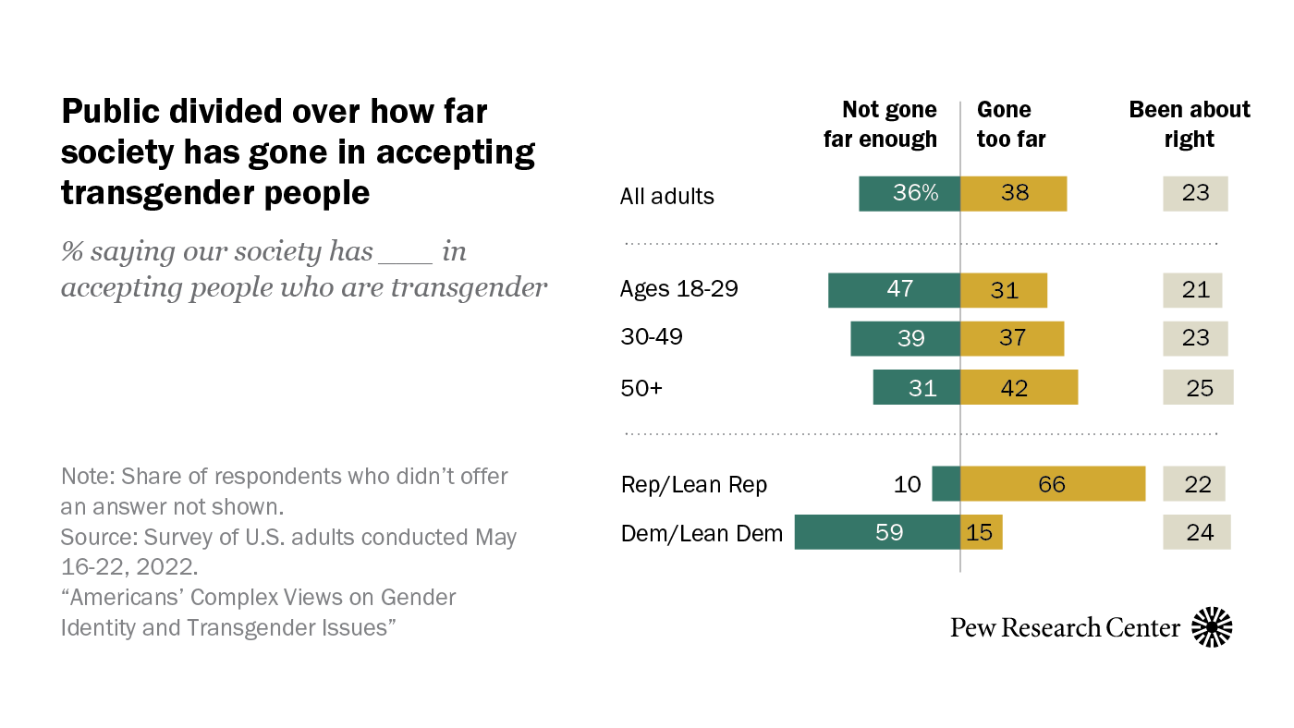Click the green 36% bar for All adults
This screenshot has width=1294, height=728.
click(909, 194)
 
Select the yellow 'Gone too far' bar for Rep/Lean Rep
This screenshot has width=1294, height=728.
click(1053, 484)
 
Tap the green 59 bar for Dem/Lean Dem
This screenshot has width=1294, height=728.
click(877, 532)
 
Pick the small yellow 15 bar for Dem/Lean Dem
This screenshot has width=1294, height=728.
click(982, 532)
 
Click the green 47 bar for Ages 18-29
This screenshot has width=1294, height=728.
click(894, 290)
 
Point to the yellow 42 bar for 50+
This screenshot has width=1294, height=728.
click(1019, 387)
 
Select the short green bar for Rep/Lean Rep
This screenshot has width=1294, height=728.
click(946, 484)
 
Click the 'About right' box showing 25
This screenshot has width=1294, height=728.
click(1198, 387)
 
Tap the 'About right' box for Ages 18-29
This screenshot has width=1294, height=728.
click(1192, 290)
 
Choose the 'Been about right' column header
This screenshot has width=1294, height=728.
click(1189, 125)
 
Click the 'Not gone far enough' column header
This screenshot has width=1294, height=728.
click(880, 125)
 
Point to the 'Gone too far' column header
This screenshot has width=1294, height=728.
click(1010, 125)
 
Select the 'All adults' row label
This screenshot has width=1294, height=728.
click(667, 196)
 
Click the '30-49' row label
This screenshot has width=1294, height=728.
click(651, 337)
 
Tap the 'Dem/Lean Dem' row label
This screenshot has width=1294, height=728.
click(702, 533)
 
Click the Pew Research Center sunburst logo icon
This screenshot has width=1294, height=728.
click(1212, 627)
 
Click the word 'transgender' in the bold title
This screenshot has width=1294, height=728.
click(170, 192)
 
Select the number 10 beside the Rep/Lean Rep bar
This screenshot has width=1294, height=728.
click(908, 484)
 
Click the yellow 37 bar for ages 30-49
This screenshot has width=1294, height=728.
click(1012, 338)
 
